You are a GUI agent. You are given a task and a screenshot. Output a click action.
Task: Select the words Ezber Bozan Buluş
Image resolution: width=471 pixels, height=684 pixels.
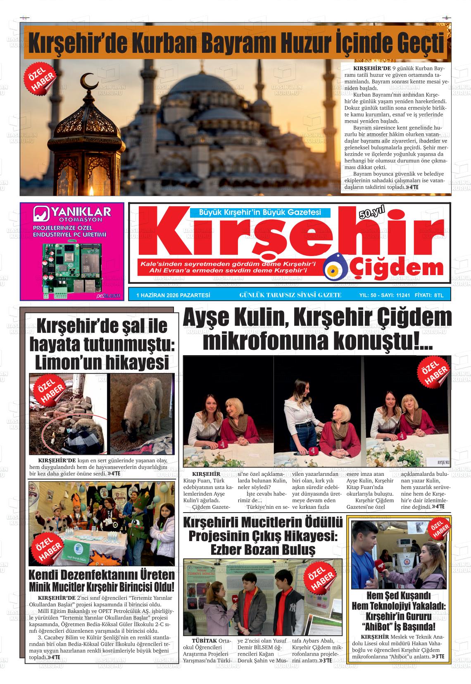(x=263, y=550)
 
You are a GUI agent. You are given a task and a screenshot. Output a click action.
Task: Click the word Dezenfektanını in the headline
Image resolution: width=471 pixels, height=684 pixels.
(x=101, y=575)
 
